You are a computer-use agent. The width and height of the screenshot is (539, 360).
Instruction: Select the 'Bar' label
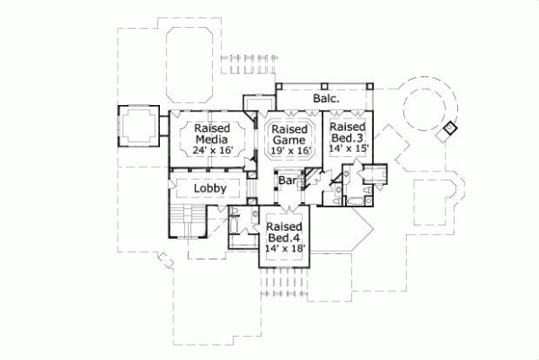coord(287,180)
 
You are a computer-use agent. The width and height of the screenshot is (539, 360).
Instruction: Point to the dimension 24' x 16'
coord(213,151)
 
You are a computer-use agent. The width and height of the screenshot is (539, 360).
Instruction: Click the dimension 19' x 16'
coord(290,153)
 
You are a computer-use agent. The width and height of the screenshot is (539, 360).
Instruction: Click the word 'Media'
coord(213,139)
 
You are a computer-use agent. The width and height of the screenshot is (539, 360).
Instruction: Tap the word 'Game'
coord(290,141)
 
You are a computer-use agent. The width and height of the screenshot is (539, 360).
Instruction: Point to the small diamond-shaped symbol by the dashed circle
coord(450,128)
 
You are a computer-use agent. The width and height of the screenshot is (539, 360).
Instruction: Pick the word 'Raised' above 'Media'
coord(213,127)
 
